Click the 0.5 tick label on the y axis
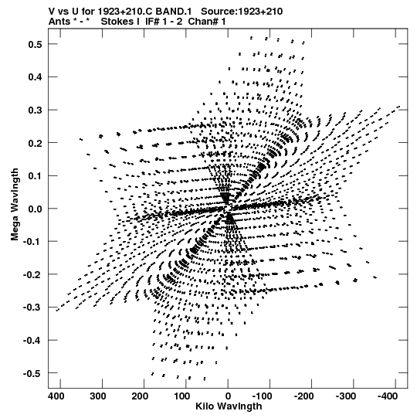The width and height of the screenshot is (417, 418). coord(35,44)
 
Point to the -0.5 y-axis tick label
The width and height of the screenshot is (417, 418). coord(32,373)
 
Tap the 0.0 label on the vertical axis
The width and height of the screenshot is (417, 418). coord(35,209)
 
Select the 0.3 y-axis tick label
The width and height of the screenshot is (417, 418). coord(35,110)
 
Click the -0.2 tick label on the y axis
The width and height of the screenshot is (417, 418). coord(32,274)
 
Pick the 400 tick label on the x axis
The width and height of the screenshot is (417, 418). coord(56,396)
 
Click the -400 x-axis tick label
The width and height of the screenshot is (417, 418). coord(387,396)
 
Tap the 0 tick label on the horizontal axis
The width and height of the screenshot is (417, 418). coord(228,396)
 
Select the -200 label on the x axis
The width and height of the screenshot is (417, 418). coord(303,396)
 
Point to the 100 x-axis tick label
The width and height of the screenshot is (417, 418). coord(181,396)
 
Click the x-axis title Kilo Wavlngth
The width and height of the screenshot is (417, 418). coord(229,406)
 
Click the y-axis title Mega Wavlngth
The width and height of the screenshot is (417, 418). coord(15,205)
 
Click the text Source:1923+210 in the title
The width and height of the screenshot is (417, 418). coord(242,12)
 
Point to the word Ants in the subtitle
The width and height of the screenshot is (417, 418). coord(59,22)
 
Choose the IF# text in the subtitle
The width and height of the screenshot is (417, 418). coord(152,22)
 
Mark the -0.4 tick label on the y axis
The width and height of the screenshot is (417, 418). coord(32,341)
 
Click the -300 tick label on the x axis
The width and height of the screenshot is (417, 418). coord(346,396)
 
